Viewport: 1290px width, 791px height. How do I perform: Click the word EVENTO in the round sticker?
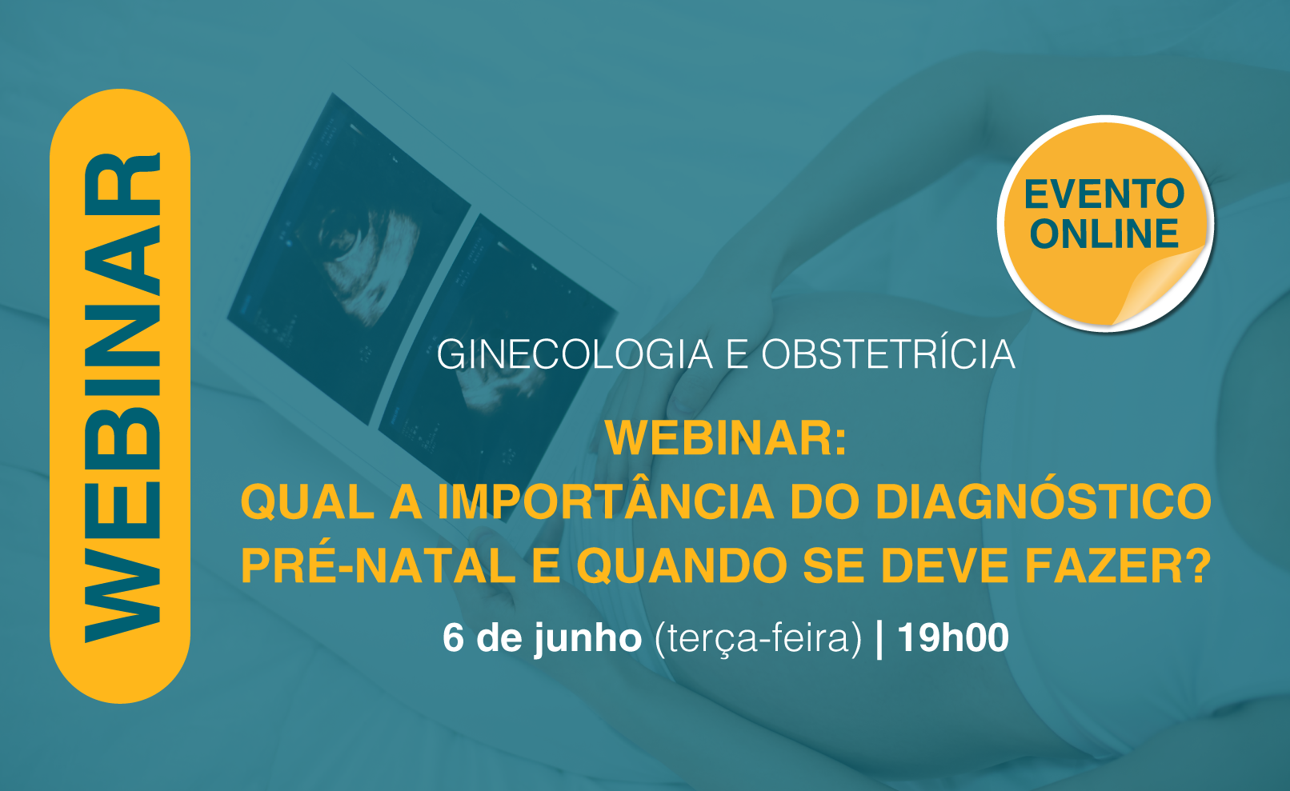pos(1104,194)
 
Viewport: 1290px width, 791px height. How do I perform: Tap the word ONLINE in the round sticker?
pos(1104,234)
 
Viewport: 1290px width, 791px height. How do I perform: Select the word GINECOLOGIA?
pos(575,354)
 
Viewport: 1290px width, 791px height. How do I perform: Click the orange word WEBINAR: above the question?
pos(726,438)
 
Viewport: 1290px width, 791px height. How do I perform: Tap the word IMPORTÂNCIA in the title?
pos(605,502)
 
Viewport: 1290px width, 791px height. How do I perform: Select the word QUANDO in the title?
pos(681,566)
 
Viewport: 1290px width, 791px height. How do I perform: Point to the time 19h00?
pos(953,637)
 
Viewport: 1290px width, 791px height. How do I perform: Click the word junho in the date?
pos(587,639)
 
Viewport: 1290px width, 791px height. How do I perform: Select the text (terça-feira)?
pos(759,639)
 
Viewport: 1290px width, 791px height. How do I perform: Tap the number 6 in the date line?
pos(453,637)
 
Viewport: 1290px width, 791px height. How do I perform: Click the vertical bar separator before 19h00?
pos(879,638)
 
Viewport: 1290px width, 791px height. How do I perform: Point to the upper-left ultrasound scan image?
pos(349,259)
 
